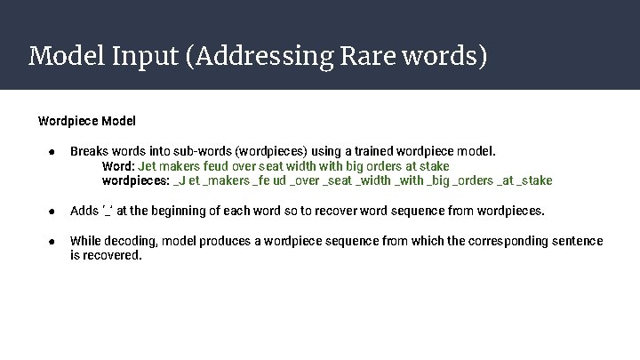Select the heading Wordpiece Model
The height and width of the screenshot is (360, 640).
87,120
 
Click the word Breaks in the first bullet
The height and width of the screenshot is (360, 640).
90,151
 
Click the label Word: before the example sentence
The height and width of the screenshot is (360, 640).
118,166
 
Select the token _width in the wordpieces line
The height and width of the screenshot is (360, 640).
373,180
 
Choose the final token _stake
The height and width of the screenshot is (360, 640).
534,180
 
